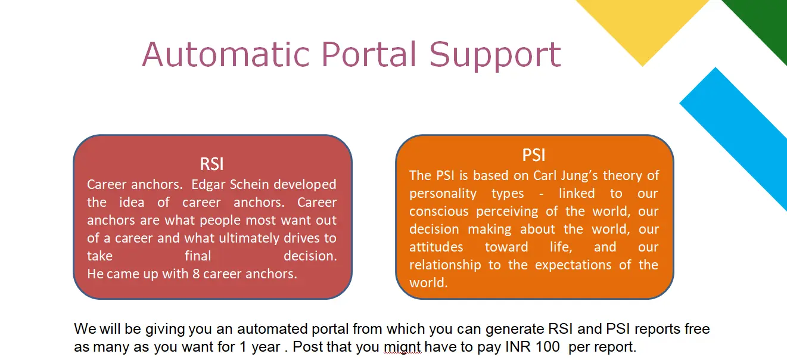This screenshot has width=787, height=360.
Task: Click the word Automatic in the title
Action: (226, 54)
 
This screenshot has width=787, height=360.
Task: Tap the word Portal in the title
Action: (369, 54)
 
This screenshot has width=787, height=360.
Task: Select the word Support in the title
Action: (494, 56)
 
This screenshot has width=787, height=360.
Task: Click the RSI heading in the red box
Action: (212, 164)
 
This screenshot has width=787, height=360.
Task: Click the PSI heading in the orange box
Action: (534, 155)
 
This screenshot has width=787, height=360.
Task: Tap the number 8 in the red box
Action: (196, 274)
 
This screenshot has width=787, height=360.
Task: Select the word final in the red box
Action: (198, 256)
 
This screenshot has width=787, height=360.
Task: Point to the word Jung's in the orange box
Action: (579, 176)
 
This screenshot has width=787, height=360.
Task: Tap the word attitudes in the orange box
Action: (436, 247)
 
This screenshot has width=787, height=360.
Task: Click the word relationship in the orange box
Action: (445, 265)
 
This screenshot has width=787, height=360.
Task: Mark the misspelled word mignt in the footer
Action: (402, 347)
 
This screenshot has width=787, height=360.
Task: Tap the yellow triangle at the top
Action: (642, 24)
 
